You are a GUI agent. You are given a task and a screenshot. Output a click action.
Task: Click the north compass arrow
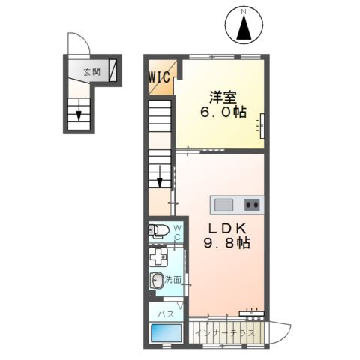point(244,28)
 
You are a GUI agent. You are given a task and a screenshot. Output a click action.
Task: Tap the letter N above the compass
point(244,11)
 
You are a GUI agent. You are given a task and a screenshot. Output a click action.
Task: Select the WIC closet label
point(159,77)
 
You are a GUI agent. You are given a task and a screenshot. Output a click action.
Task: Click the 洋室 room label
point(223,97)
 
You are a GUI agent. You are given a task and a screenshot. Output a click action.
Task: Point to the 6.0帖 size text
point(223,112)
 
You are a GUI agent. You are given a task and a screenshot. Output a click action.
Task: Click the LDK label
point(228,228)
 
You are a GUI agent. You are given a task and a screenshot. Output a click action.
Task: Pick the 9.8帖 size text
point(227,242)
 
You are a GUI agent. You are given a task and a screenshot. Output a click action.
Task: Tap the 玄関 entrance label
point(92,72)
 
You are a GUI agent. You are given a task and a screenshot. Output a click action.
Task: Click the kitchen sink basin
point(223,205)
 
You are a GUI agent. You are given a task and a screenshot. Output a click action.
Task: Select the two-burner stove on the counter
point(252,205)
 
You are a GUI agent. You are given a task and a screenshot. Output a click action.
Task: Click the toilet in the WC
point(159,230)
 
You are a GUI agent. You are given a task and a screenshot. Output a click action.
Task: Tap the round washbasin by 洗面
point(157,280)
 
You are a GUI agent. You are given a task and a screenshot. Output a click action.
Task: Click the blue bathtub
point(166,333)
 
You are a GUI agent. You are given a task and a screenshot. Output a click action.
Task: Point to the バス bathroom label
point(166,313)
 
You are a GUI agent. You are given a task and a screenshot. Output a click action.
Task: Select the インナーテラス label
point(226,333)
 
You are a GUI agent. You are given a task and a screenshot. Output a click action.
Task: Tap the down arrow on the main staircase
point(160,176)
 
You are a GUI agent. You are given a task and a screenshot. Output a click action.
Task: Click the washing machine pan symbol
point(158,256)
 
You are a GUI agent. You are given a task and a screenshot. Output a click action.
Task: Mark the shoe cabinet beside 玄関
point(112,70)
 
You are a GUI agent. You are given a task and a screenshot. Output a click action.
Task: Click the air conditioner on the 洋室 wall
point(262,126)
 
